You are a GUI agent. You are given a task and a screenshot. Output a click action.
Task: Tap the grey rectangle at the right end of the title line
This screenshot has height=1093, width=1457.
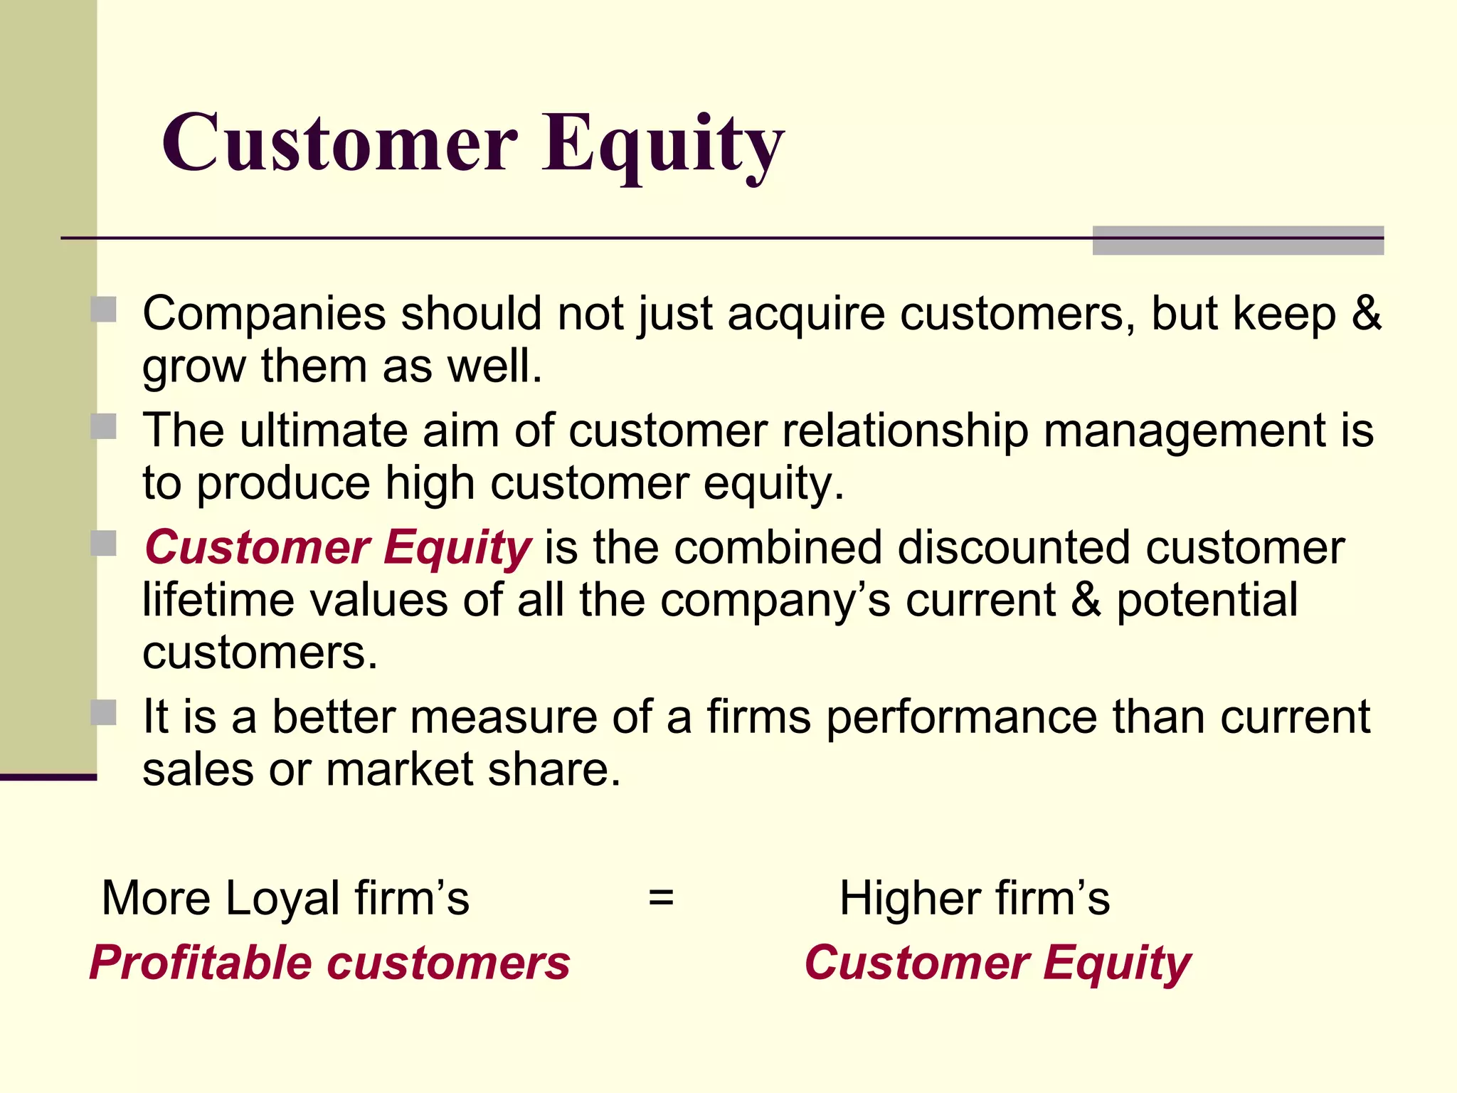[1238, 241]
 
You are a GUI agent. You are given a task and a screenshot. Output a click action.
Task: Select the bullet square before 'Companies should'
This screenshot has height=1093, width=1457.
[104, 310]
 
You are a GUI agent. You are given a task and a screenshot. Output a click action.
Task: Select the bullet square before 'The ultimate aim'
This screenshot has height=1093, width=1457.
[104, 427]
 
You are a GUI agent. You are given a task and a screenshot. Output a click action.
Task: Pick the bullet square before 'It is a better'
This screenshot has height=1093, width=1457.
[104, 712]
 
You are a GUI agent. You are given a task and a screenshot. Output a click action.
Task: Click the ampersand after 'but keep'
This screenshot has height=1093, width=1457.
[1366, 313]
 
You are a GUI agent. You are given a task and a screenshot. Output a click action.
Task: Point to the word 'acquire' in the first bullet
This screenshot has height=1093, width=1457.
[806, 315]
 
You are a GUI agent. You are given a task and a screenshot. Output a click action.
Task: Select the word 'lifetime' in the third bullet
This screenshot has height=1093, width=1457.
[218, 600]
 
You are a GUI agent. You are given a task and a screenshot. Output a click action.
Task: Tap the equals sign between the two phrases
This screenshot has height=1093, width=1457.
[661, 898]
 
